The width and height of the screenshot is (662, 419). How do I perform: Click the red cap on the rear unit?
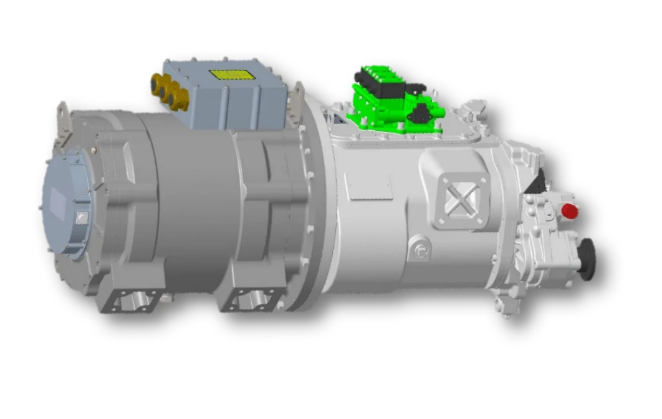(569, 211)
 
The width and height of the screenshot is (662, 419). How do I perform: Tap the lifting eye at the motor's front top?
(62, 115)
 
